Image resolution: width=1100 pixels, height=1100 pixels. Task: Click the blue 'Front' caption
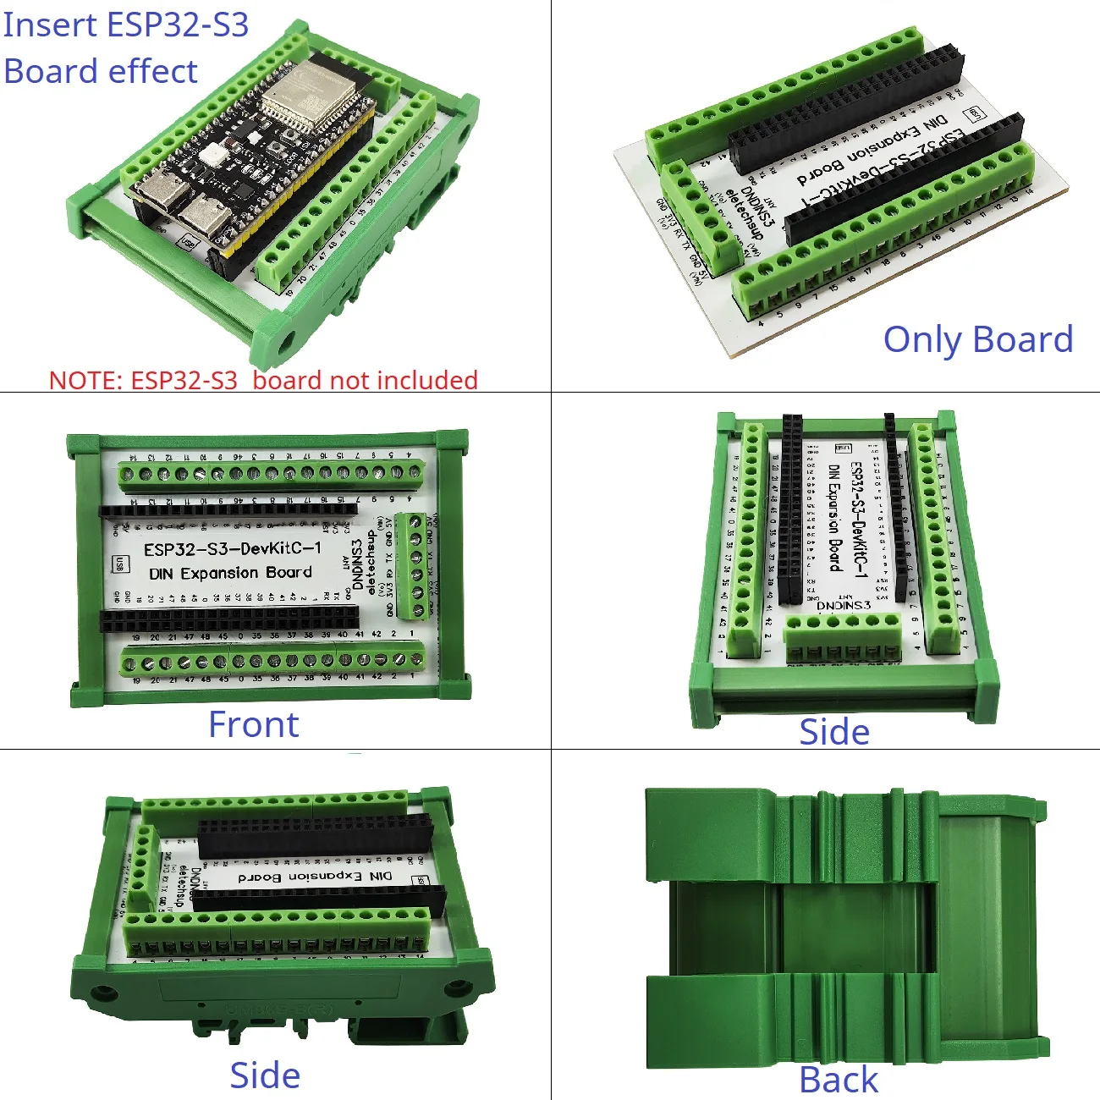(x=254, y=725)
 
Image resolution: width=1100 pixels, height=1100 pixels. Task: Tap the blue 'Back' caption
(x=839, y=1080)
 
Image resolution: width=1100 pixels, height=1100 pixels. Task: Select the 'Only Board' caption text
(x=978, y=339)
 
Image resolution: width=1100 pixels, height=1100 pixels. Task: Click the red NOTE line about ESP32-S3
(x=263, y=380)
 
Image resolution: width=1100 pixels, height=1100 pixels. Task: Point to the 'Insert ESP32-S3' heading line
(x=126, y=25)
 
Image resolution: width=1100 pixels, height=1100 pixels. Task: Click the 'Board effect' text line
(x=101, y=71)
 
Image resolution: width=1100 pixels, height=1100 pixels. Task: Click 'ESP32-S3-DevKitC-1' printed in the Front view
(x=233, y=548)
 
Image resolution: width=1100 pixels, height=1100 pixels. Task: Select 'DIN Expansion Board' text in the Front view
(x=230, y=573)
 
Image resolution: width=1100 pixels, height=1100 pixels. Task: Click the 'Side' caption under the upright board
(x=834, y=732)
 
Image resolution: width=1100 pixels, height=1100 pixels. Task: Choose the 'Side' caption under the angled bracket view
(x=265, y=1075)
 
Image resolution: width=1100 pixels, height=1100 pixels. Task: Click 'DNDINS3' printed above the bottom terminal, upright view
(x=844, y=605)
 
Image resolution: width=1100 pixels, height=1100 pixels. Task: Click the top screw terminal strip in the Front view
(x=271, y=475)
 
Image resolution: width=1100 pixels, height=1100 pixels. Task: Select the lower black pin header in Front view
(x=228, y=619)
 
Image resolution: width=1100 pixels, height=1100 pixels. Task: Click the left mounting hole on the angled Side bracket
(x=102, y=992)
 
